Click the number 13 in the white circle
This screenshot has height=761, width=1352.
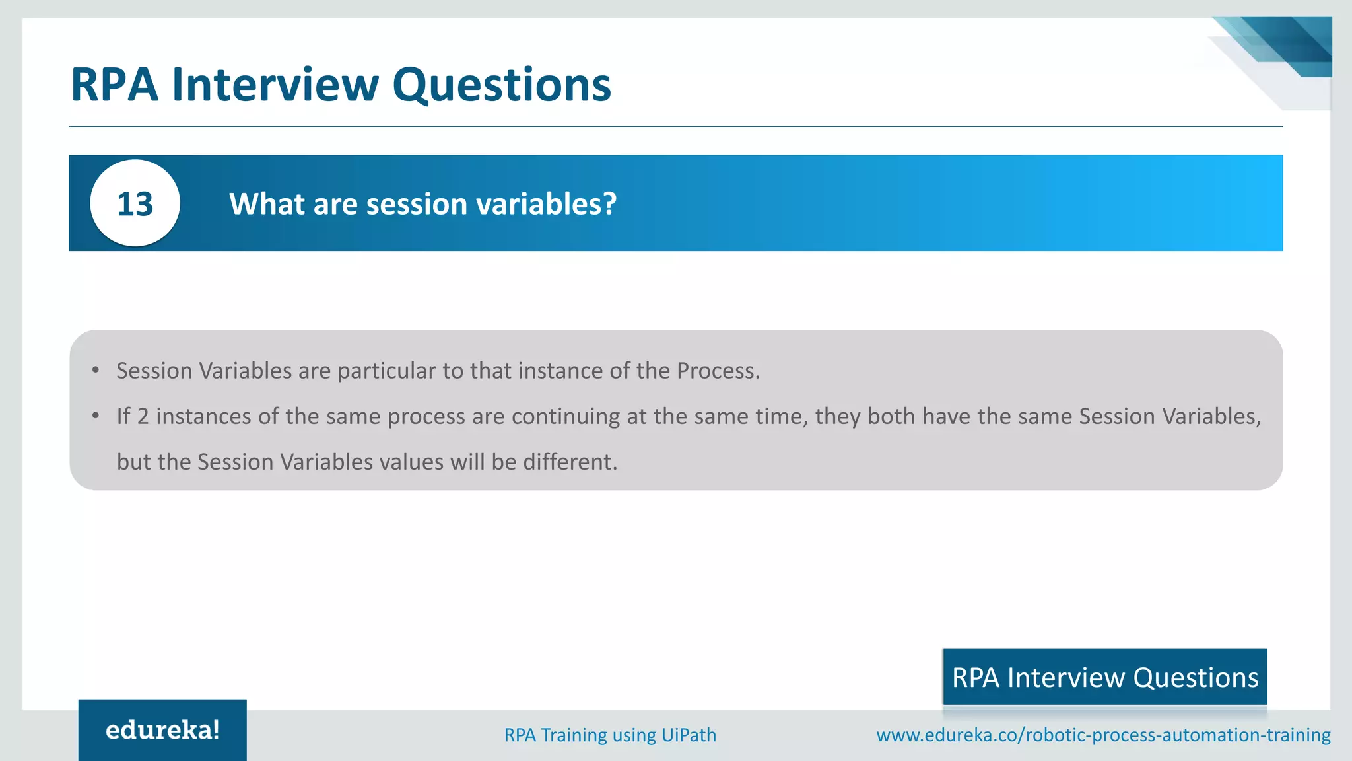pos(135,204)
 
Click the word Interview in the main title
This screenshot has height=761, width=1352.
pos(275,85)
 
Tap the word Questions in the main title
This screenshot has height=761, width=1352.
pos(502,85)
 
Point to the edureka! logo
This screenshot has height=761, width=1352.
pos(162,730)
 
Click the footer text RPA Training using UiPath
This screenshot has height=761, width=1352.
pos(610,735)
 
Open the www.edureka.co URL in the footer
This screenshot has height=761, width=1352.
pos(1103,735)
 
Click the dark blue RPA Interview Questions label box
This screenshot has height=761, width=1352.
pos(1104,677)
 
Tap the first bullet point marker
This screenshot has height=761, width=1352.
pos(96,370)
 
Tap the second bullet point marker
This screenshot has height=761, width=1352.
pos(96,416)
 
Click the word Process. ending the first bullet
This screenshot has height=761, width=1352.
pos(718,371)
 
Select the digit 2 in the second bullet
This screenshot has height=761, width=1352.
pos(143,416)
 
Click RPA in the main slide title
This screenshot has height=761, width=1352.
pos(114,85)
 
